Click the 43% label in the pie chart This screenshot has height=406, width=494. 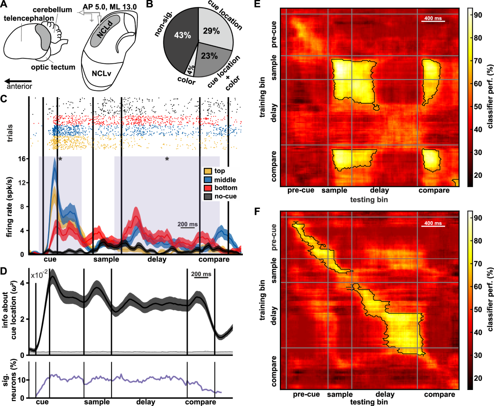[x=181, y=36]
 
